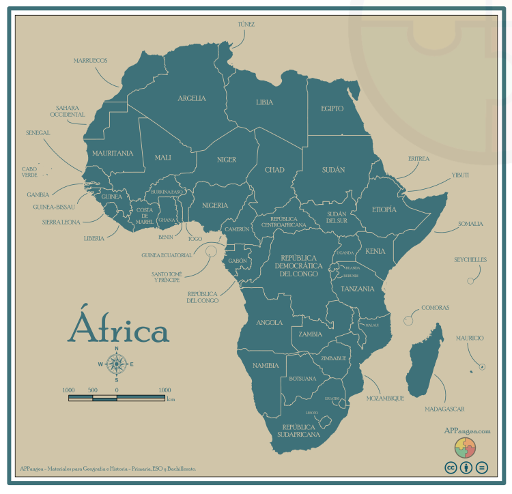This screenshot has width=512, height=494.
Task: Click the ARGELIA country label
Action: (192, 98)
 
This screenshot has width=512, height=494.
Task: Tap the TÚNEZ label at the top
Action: (246, 24)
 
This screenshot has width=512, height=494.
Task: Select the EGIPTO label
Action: (332, 108)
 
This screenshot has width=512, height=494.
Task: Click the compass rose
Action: (116, 364)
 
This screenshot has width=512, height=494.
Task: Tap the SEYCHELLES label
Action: (470, 260)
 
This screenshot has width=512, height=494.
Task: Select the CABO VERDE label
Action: (29, 172)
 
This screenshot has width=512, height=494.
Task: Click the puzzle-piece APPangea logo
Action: (465, 448)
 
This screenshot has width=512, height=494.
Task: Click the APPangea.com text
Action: (467, 431)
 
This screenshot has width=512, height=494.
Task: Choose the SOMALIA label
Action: (470, 224)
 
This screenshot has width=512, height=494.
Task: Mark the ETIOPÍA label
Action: (384, 210)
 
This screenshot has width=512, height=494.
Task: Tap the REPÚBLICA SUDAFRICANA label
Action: (298, 429)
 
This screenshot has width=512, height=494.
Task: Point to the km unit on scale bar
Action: (171, 401)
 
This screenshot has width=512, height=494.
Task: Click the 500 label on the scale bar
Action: (92, 390)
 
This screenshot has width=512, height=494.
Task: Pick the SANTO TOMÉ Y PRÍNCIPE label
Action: (167, 277)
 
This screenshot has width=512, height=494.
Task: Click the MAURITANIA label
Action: (113, 154)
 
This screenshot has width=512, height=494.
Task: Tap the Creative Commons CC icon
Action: (451, 467)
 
